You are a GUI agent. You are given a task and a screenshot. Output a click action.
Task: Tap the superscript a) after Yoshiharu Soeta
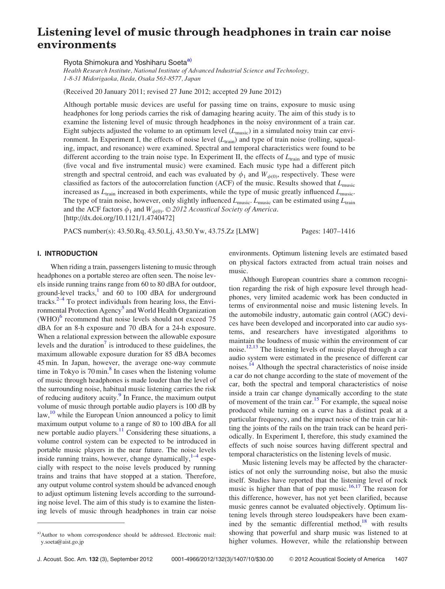pyautogui.click(x=190, y=60)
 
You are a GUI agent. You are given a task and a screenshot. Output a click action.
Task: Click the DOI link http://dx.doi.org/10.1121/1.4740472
pyautogui.click(x=119, y=218)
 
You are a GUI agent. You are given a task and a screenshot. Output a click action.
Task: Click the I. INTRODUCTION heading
pyautogui.click(x=67, y=254)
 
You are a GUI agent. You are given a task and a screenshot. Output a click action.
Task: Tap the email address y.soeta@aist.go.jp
pyautogui.click(x=62, y=542)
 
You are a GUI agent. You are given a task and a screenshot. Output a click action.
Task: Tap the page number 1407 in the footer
pyautogui.click(x=401, y=559)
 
